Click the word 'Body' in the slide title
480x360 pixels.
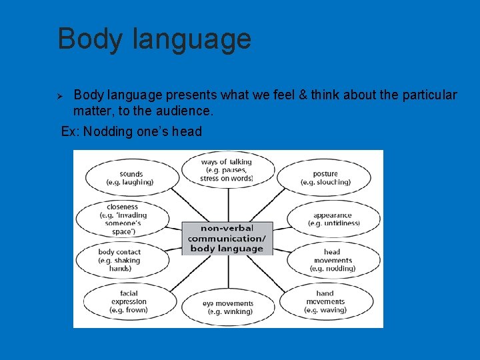point(91,39)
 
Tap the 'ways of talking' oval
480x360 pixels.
point(227,170)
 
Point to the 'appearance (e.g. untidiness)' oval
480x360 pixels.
point(334,219)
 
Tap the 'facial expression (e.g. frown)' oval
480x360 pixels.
point(129,301)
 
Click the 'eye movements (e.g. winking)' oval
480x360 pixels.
point(228,307)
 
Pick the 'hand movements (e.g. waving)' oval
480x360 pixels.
point(325,301)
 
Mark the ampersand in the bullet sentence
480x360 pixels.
point(304,95)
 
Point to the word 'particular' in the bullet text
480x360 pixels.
point(429,95)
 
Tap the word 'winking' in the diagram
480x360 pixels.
point(238,311)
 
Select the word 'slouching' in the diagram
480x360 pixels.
point(333,182)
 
